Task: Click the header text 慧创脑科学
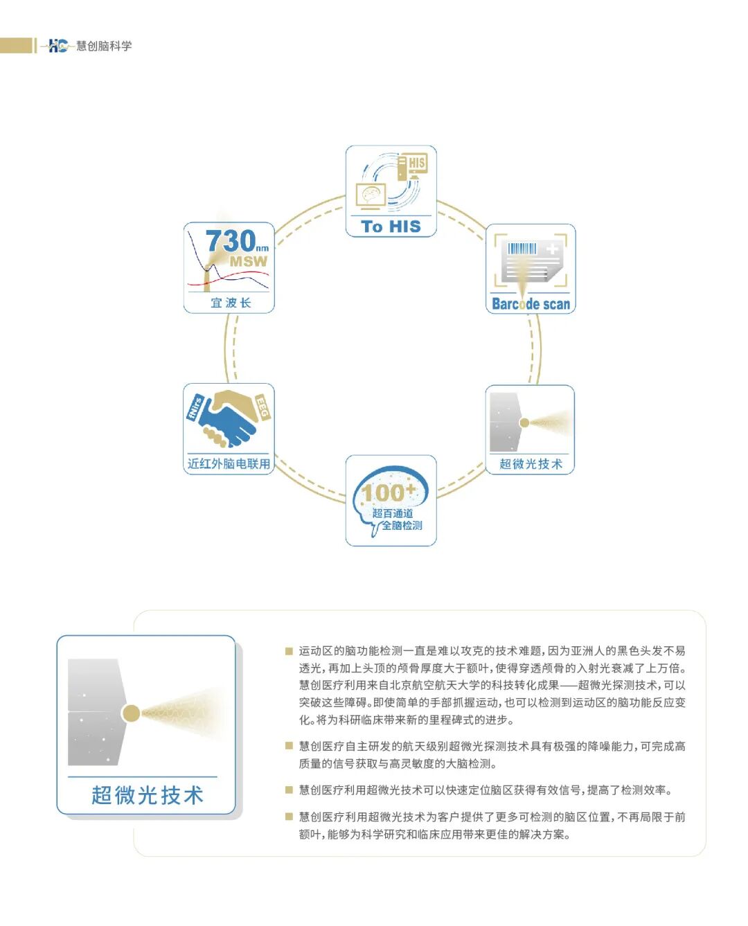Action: tap(104, 46)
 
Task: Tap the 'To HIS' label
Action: tap(391, 226)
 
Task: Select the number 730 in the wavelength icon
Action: tap(231, 242)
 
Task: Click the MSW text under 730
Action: tap(249, 262)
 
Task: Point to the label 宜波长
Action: tap(230, 303)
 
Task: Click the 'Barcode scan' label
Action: tap(531, 303)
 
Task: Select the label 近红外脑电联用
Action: tap(229, 463)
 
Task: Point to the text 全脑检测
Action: tap(402, 526)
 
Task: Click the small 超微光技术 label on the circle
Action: tap(531, 464)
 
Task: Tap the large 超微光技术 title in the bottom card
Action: tap(148, 795)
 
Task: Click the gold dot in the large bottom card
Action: tap(130, 713)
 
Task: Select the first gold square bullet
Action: tap(289, 651)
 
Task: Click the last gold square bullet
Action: tap(289, 817)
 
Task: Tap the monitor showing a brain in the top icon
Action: tap(371, 195)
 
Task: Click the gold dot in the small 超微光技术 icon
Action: tap(524, 422)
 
